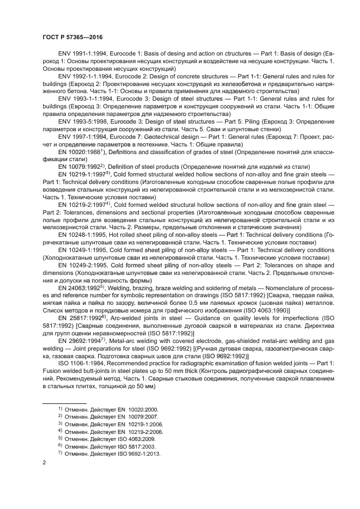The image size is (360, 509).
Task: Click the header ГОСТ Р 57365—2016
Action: click(72, 38)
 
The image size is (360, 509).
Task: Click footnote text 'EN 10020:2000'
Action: click(137, 408)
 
